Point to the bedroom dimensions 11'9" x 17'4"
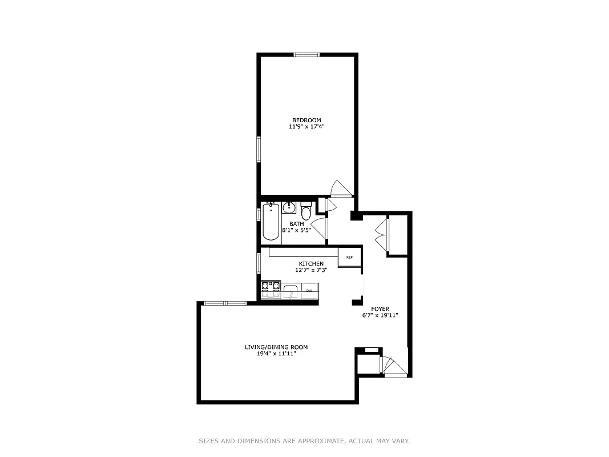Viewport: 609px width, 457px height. (x=306, y=127)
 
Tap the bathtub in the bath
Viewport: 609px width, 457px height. (x=271, y=222)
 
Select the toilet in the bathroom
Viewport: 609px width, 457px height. (x=306, y=213)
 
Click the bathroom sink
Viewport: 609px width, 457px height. (x=290, y=207)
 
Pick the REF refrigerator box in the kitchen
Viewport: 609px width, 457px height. (x=349, y=257)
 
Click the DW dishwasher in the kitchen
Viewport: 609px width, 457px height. (x=309, y=291)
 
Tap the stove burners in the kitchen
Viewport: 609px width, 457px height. (x=271, y=287)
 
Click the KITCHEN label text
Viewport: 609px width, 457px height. (x=311, y=263)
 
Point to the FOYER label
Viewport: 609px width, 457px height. (x=380, y=309)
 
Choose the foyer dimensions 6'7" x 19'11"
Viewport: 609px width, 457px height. (x=380, y=315)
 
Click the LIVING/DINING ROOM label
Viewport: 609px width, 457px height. (x=276, y=347)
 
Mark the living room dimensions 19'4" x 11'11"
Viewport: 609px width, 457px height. (x=276, y=354)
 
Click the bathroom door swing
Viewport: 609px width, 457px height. (x=318, y=226)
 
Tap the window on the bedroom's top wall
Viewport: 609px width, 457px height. (x=306, y=55)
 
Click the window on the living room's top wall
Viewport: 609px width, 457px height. (x=224, y=303)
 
